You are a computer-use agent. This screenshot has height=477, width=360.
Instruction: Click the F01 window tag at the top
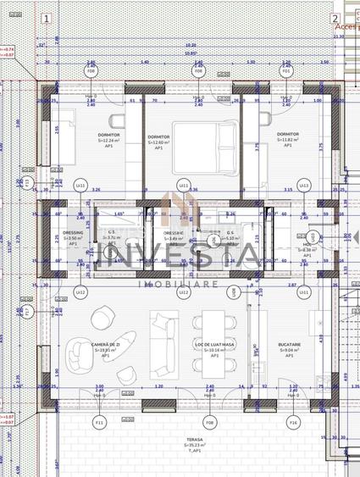pyautogui.click(x=287, y=71)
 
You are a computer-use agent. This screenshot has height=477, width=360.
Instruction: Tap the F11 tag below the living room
pyautogui.click(x=99, y=421)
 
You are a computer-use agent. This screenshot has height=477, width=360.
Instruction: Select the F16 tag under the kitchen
pyautogui.click(x=293, y=421)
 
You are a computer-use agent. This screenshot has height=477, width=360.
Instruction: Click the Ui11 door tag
pyautogui.click(x=183, y=185)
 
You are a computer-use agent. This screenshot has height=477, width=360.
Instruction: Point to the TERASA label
pyautogui.click(x=197, y=440)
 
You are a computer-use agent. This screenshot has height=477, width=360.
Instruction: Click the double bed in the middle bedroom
pyautogui.click(x=197, y=136)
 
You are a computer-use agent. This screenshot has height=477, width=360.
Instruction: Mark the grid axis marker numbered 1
pyautogui.click(x=45, y=17)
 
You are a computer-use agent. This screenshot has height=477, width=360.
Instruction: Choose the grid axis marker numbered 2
pyautogui.click(x=335, y=18)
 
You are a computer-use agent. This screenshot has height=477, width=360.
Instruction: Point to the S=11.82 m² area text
pyautogui.click(x=288, y=140)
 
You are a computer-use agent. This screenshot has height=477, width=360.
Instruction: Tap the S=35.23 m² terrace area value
pyautogui.click(x=197, y=446)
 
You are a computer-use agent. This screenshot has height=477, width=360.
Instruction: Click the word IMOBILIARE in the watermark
pyautogui.click(x=181, y=285)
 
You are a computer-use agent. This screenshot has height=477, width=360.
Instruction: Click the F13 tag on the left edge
pyautogui.click(x=26, y=182)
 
